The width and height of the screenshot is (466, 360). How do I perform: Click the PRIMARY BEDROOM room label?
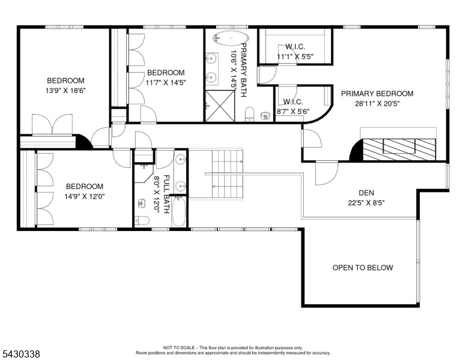pos(377,94)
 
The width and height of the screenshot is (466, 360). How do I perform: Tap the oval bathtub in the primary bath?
pos(231,38)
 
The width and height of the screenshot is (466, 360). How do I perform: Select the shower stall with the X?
pos(220,106)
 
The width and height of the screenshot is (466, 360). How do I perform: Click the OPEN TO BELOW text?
pos(363,268)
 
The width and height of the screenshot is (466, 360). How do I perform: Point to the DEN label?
pos(366,193)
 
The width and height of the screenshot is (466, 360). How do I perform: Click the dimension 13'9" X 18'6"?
pos(65,91)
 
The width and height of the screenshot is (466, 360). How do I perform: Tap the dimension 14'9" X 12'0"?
pos(85,196)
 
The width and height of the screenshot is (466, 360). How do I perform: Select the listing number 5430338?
pos(21,354)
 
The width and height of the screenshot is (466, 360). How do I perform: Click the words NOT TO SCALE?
pos(179,347)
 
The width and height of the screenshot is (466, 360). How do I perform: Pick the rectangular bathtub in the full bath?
pos(179,212)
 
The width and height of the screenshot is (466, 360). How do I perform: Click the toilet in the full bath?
pos(142,220)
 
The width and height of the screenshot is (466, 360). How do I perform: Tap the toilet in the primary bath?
pos(250,115)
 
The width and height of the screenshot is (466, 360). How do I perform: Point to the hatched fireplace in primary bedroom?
pos(399,149)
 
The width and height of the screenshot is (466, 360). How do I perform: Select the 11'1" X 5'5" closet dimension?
pos(295,57)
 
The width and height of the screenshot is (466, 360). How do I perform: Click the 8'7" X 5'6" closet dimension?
pos(293,112)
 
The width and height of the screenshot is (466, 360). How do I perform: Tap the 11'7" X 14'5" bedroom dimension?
pos(166,83)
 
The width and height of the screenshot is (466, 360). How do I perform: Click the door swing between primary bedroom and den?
pos(327,173)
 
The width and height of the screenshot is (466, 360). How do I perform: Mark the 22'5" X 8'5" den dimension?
pos(366,203)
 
